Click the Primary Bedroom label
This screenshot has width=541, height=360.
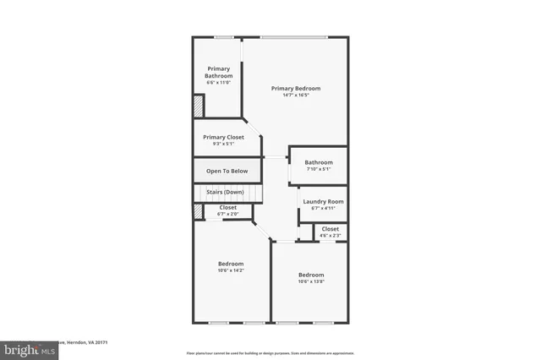pos(296,88)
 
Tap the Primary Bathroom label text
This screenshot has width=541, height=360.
pos(219,72)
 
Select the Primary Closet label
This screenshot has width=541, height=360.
pos(223,137)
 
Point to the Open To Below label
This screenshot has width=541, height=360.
pos(227,172)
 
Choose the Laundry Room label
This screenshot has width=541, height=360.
pos(323,201)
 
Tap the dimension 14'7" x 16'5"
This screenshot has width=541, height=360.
pos(296,95)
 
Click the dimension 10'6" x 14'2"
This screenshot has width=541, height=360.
pos(230,270)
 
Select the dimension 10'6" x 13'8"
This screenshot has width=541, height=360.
pos(310,281)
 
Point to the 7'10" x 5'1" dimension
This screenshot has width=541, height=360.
pos(319,169)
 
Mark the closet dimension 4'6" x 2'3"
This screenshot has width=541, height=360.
pos(330,235)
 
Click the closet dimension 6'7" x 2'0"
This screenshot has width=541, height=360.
pos(228,214)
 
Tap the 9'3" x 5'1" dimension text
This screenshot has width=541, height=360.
pos(223,144)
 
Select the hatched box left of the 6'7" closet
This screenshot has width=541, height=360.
pos(198,212)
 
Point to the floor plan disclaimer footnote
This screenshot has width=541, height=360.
pos(270,352)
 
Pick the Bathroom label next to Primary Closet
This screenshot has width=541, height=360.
pos(319,162)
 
